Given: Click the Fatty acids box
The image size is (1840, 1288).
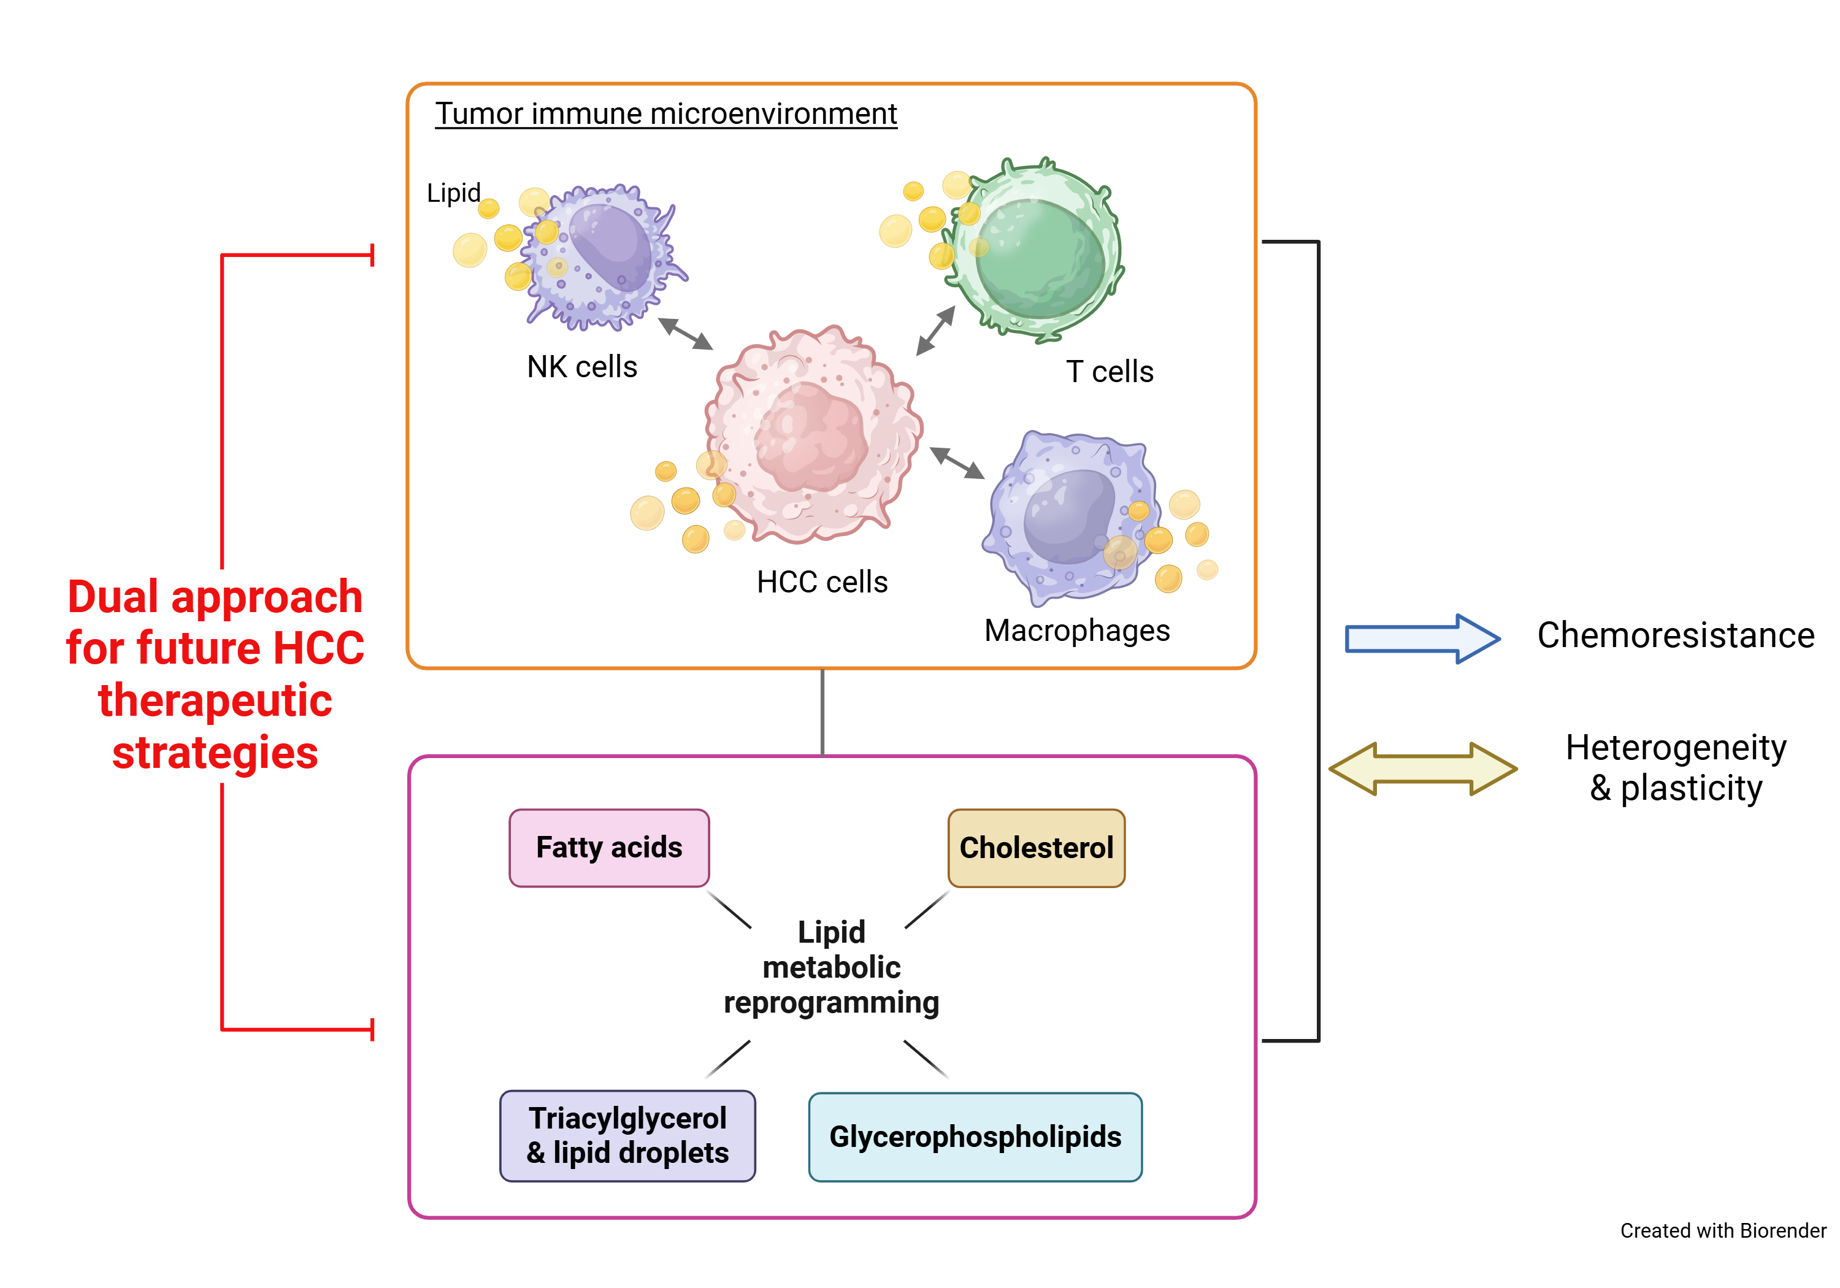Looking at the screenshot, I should tap(609, 847).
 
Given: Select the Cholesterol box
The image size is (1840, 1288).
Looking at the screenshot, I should tap(1035, 847).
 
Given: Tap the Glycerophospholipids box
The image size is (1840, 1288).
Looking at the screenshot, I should tap(975, 1136).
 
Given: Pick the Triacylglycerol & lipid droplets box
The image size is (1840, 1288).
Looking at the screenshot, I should tap(627, 1135).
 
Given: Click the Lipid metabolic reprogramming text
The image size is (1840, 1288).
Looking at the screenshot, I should tap(831, 967).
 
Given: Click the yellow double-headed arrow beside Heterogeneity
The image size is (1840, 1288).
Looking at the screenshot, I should tap(1422, 768).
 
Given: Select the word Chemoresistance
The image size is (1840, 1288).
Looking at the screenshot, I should tap(1675, 635).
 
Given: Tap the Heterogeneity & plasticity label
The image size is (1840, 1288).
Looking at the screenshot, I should tap(1676, 767).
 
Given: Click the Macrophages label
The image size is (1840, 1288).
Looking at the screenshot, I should tap(1076, 630).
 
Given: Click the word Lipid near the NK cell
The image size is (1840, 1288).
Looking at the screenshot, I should tap(454, 193).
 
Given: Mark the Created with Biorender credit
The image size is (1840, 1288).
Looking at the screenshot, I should tap(1722, 1230).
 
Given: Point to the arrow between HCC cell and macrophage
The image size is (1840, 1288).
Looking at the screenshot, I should tap(957, 462).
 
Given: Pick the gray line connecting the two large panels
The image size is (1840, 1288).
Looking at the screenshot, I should tap(822, 711).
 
